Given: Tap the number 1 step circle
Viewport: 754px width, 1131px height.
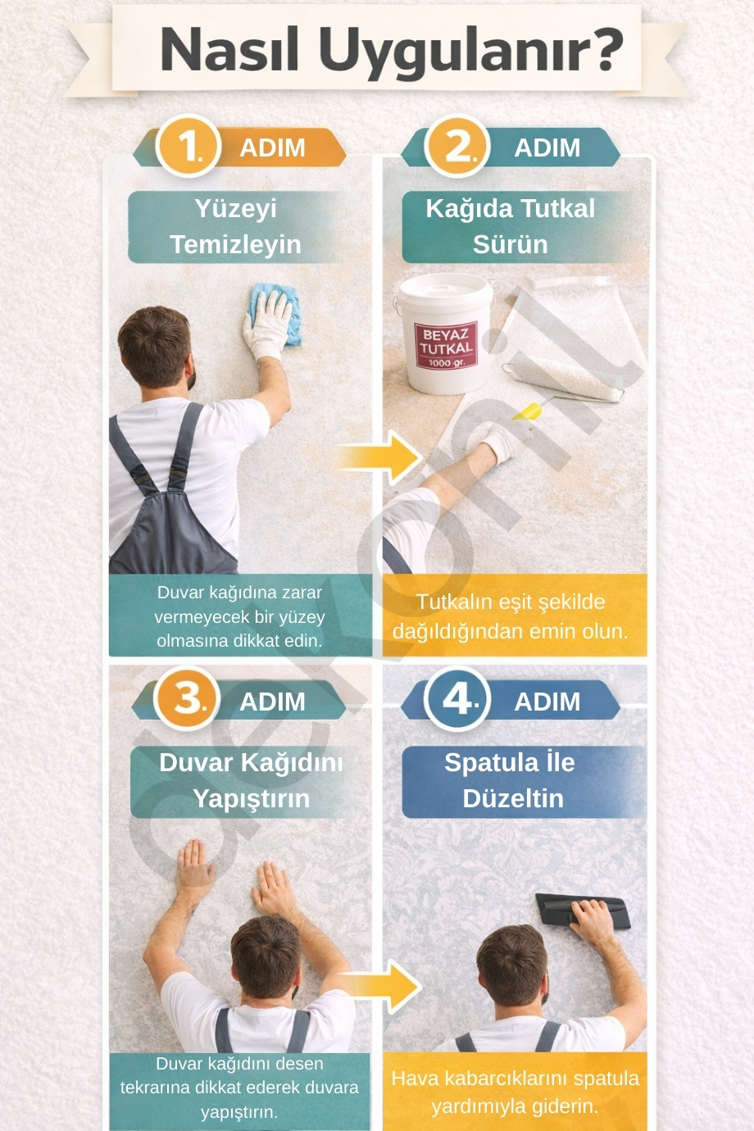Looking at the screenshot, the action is click(188, 147).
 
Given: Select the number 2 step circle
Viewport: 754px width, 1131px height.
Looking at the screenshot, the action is click(457, 147).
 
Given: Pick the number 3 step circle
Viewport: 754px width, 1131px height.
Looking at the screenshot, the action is click(187, 699).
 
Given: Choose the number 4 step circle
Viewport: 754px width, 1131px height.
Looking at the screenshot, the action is click(457, 699).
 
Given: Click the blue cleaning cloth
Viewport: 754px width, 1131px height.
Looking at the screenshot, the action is click(275, 313).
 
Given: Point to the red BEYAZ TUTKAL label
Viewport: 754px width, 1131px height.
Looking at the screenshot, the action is click(446, 345).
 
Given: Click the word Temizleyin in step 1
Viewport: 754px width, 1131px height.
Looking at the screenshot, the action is click(236, 244).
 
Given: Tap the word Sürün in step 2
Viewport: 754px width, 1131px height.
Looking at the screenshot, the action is click(510, 244).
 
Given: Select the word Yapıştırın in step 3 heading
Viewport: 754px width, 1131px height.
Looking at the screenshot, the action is click(252, 799).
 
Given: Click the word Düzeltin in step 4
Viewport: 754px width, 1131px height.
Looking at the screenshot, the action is click(513, 798).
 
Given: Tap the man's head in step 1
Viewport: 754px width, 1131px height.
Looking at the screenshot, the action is click(156, 346).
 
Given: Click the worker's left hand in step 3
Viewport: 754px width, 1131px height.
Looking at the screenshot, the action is click(194, 868).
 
